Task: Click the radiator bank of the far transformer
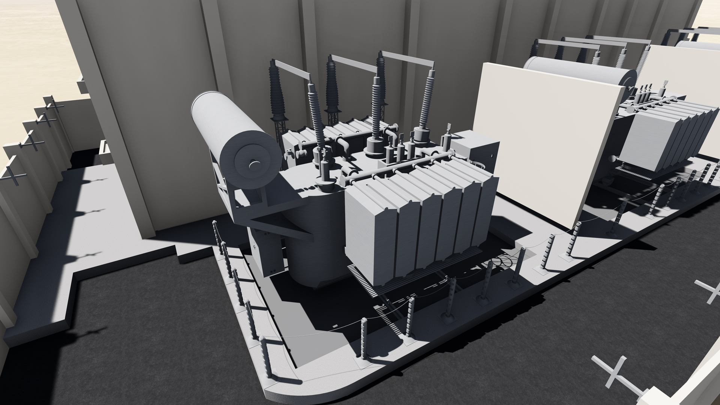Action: pos(664,139)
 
